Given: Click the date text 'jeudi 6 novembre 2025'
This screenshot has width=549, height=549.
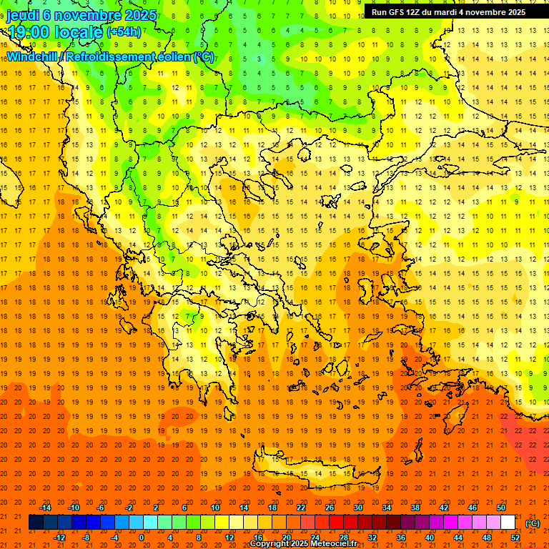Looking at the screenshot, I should click(x=83, y=15).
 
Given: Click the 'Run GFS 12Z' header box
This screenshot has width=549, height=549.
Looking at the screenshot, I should click(x=448, y=11).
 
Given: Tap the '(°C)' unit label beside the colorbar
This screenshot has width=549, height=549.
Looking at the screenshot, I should click(x=533, y=523).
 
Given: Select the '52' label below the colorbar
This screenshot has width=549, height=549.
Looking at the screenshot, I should click(x=515, y=537).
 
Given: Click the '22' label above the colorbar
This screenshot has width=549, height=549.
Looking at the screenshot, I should click(x=301, y=508).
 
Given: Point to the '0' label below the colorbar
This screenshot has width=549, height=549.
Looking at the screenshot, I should click(x=141, y=537).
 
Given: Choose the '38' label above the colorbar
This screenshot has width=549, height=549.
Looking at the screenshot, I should click(x=415, y=508).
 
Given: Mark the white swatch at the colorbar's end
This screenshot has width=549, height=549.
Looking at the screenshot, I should click(x=508, y=523).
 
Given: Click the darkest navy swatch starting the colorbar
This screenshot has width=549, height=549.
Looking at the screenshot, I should click(x=36, y=523).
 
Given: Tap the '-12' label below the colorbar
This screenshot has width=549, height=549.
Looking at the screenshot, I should click(x=60, y=537).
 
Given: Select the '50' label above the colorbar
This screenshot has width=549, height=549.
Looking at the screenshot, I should click(x=500, y=508).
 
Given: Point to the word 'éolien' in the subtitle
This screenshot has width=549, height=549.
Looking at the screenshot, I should click(x=171, y=56).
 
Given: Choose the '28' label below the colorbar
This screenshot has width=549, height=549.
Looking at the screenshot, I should click(x=344, y=537).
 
